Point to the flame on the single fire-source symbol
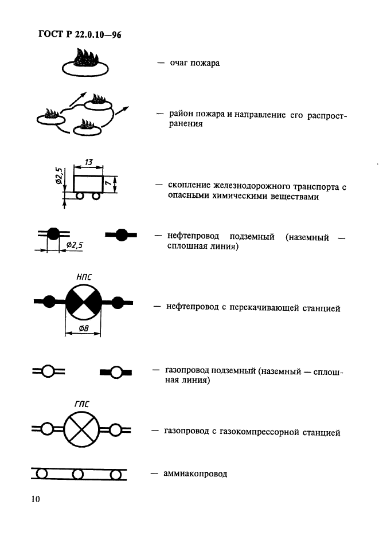pos(85,58)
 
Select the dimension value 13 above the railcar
pos(88,163)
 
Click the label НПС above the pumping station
pos(83,276)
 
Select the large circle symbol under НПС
pos(83,302)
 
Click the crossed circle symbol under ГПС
pos(81,429)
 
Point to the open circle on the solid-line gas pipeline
pos(116,372)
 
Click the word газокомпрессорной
pos(261,432)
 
